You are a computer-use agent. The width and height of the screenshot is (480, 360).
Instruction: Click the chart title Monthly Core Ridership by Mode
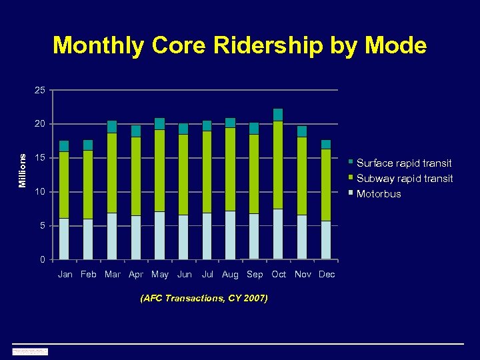[239, 45]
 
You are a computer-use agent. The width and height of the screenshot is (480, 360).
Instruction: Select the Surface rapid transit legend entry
[404, 163]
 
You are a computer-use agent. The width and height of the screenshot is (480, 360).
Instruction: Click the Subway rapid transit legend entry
[405, 178]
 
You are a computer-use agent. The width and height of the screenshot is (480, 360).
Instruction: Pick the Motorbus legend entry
[379, 194]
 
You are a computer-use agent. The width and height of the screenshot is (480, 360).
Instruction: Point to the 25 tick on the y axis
[41, 90]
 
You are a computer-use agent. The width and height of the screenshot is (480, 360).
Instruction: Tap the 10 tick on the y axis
[41, 192]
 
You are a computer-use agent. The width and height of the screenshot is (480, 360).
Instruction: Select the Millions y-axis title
[23, 170]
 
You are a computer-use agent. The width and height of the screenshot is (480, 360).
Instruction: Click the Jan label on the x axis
[65, 274]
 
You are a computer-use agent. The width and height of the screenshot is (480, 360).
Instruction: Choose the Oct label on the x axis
[279, 274]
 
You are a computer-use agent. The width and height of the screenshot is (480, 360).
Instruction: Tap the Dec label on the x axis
[327, 274]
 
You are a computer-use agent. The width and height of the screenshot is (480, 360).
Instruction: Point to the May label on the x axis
[160, 274]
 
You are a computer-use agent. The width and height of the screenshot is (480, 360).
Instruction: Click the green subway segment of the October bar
[278, 165]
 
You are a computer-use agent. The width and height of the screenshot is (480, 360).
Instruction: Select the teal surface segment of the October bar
[278, 115]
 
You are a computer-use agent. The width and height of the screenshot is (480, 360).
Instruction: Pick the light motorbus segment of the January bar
[64, 239]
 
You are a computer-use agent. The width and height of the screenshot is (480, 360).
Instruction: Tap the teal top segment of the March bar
[112, 127]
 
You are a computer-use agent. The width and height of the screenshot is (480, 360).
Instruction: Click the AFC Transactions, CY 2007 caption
[204, 298]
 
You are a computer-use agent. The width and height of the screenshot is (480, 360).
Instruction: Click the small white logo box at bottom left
[30, 351]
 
